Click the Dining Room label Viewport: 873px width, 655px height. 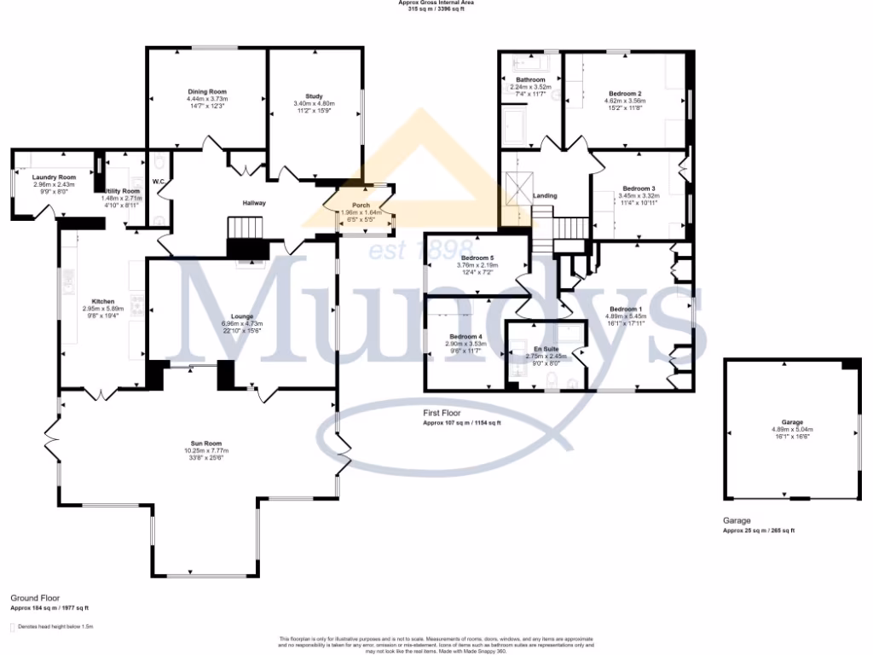[207, 91]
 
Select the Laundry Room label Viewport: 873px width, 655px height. [55, 177]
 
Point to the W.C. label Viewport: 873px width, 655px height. [158, 182]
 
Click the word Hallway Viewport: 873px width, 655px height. [254, 203]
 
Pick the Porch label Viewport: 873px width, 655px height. [361, 205]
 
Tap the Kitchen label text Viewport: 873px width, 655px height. [103, 301]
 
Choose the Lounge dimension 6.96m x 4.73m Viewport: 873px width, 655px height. [241, 323]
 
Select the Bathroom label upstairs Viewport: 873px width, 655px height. [530, 79]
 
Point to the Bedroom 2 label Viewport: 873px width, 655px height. [625, 93]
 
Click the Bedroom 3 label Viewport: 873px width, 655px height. [639, 188]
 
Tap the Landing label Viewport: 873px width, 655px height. [545, 196]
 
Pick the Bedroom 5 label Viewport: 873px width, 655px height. [478, 258]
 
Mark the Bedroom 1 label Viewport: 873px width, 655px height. [625, 309]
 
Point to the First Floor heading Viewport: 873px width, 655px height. [442, 412]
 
